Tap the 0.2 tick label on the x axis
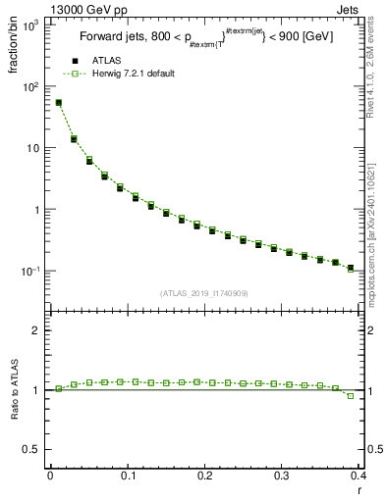click(204, 476)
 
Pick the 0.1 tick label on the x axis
click(127, 476)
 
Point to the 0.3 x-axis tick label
click(281, 476)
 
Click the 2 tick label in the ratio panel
click(37, 330)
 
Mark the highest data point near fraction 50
click(58, 102)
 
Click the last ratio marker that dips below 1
click(351, 396)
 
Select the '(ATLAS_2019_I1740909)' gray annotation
click(203, 293)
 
